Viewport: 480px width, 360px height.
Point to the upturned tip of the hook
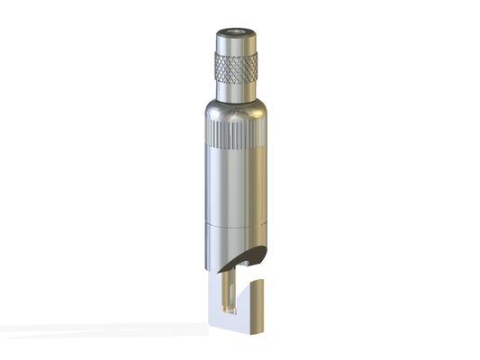tap(258, 301)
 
